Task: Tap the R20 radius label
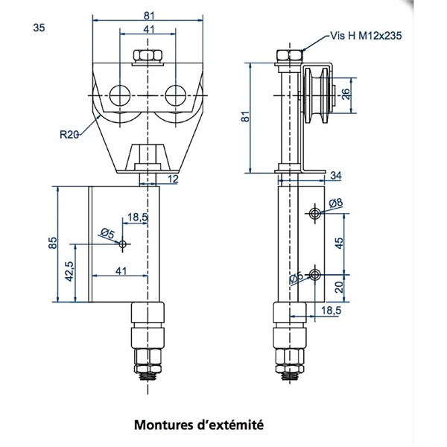[70, 135]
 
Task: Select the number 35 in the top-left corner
[39, 28]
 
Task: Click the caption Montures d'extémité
[199, 425]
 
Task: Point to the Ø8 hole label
[335, 203]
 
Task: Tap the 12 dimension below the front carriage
[173, 179]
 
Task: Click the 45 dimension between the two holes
[339, 243]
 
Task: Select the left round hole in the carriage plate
[118, 95]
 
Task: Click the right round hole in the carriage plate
[177, 95]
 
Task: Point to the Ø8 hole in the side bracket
[316, 213]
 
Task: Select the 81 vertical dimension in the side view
[247, 117]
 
